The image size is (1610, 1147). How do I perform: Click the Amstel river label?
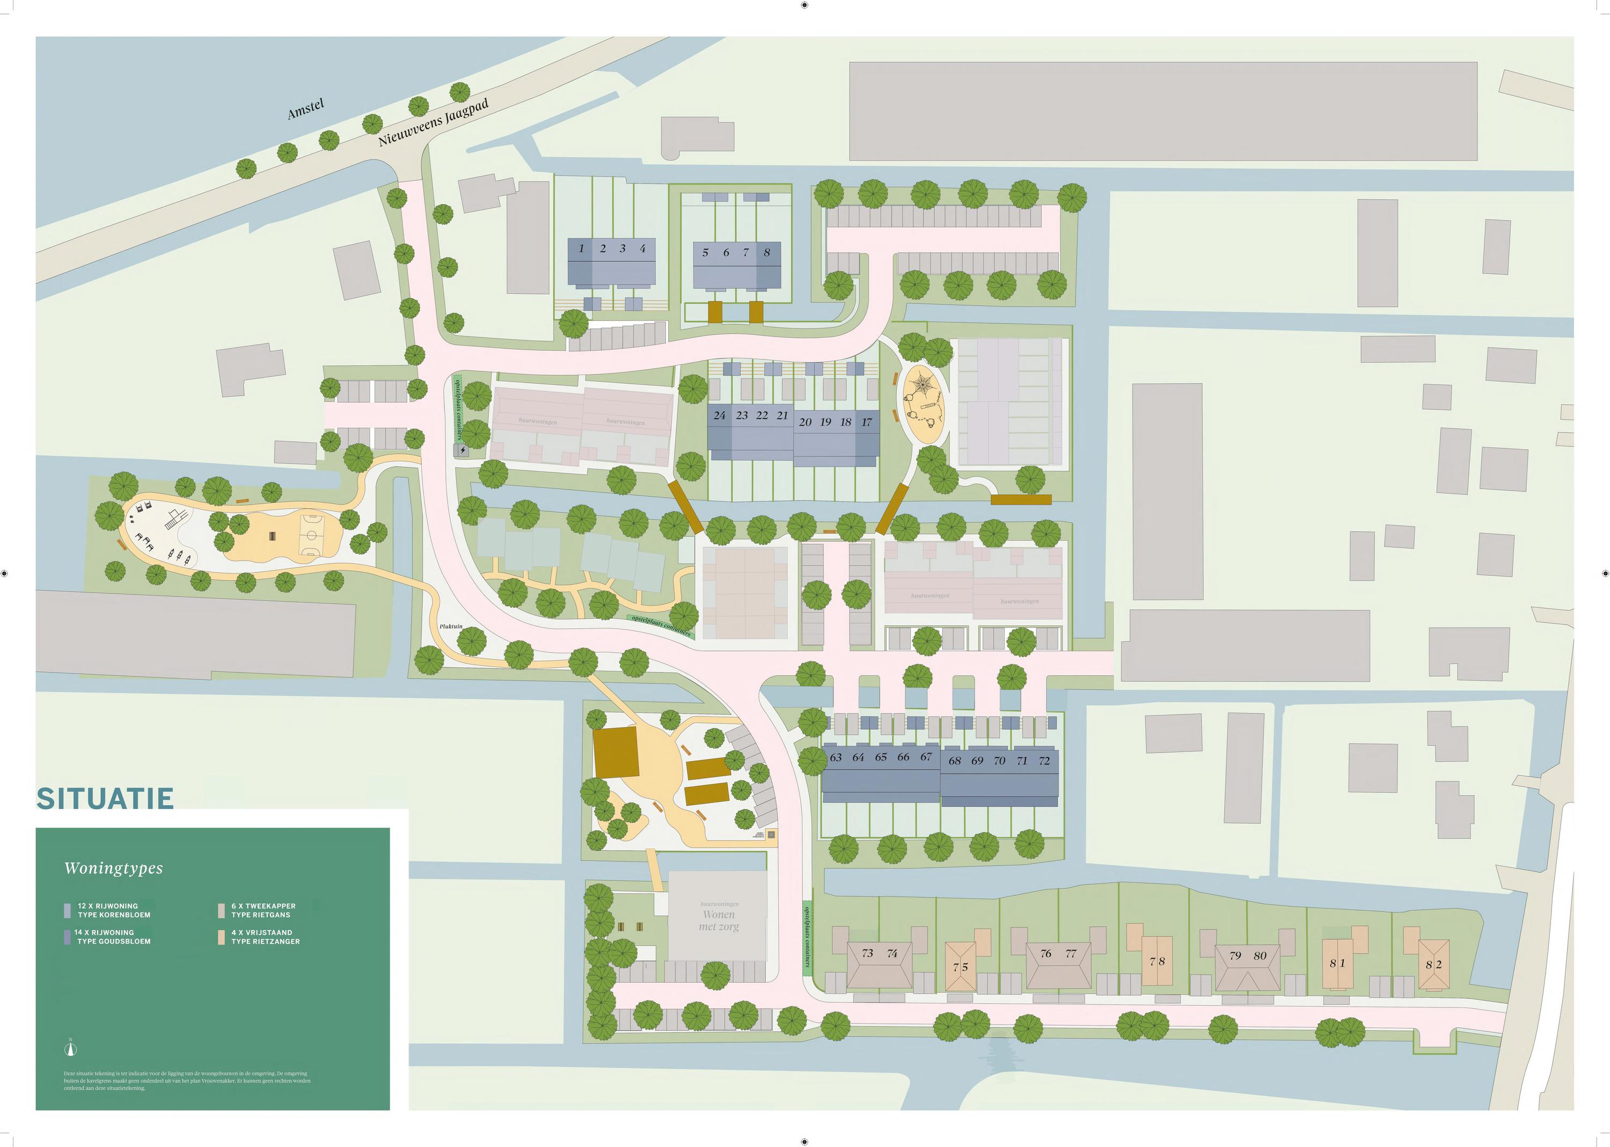(306, 109)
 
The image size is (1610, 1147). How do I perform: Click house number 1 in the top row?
(581, 249)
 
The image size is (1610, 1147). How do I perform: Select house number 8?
(767, 252)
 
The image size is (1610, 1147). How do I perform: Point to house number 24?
(720, 415)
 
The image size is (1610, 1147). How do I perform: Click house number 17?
(866, 422)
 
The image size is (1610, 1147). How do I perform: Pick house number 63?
(836, 757)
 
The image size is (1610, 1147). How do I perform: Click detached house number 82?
(1433, 964)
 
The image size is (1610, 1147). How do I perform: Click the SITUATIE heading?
(105, 799)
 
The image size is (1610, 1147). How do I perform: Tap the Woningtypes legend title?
(114, 868)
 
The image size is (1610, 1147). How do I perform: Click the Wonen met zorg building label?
(719, 920)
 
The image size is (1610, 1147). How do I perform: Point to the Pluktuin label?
(450, 626)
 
